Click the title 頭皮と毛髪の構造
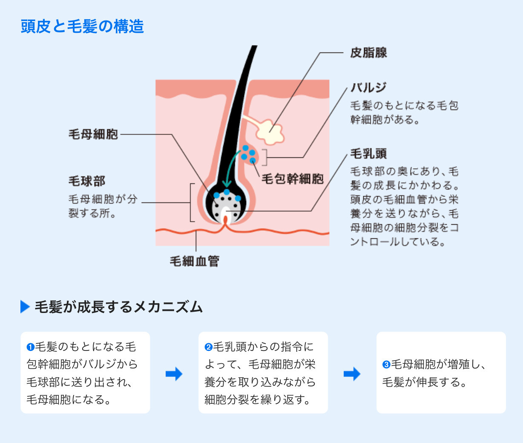[x=82, y=26]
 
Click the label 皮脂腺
[x=368, y=53]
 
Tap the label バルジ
[x=368, y=87]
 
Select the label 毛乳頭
[x=368, y=153]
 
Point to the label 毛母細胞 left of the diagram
[x=93, y=134]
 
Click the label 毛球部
[x=87, y=181]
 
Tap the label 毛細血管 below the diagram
[x=195, y=261]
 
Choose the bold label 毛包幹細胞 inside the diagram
[x=293, y=179]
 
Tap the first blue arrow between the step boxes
[x=174, y=374]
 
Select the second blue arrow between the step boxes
[x=352, y=374]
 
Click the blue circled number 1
[x=30, y=347]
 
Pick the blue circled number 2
[x=208, y=347]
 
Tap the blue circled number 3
[x=386, y=365]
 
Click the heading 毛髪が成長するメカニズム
[x=118, y=307]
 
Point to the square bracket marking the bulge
[x=265, y=157]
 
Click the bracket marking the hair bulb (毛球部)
[x=192, y=203]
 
